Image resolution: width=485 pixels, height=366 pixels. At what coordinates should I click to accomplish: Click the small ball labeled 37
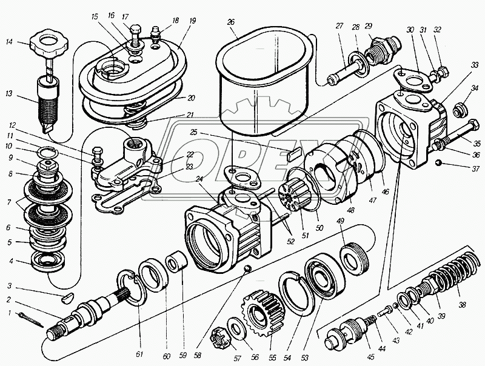(x=440, y=162)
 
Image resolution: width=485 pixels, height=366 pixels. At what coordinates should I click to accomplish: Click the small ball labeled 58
(x=246, y=267)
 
